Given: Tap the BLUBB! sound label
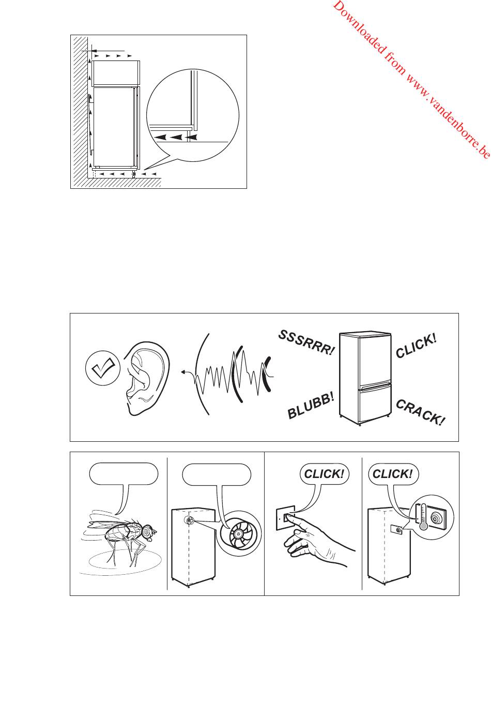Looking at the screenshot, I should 311,406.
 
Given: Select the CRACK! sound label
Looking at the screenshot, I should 420,413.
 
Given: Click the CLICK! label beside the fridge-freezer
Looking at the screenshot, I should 416,346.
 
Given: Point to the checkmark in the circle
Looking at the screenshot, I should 102,369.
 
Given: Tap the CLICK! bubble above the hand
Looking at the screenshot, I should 324,474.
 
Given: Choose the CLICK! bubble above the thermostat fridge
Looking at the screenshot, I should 392,474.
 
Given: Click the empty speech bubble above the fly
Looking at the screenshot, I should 123,474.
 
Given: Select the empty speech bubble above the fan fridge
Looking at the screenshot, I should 217,474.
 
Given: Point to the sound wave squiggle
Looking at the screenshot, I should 227,374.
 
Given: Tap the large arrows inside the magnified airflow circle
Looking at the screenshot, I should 176,137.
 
